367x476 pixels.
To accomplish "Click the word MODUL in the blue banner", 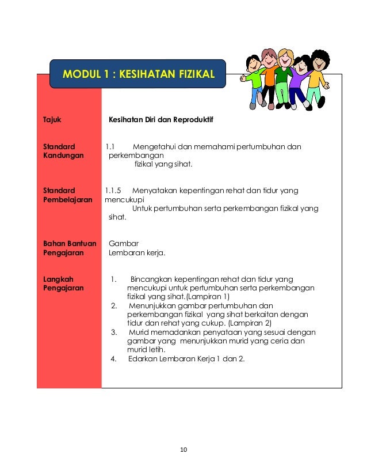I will [82, 74].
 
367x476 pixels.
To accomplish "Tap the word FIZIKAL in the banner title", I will [188, 74].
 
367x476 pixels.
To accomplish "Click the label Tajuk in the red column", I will [52, 121].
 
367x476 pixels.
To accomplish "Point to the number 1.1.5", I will [113, 191].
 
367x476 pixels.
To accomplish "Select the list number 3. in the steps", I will [114, 333].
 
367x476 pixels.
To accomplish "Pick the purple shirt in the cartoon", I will [297, 80].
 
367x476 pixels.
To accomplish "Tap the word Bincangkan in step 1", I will [151, 279].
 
